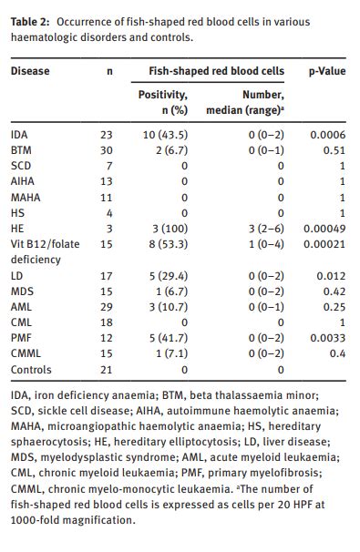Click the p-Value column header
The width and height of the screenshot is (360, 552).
(327, 71)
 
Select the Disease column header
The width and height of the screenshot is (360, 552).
(30, 71)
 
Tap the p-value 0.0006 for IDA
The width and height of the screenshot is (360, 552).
(328, 135)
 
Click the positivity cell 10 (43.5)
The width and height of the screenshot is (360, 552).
(165, 135)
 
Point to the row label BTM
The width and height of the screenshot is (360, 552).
(21, 150)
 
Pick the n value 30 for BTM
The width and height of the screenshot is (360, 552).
(106, 150)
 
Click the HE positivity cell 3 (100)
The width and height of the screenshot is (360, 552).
(170, 229)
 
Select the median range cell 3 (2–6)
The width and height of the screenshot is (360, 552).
(266, 229)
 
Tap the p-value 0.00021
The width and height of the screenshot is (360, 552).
(324, 244)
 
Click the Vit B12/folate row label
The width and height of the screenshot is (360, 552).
(45, 244)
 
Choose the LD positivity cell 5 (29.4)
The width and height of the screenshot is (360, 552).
(169, 276)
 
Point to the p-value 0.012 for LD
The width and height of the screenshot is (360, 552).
(331, 276)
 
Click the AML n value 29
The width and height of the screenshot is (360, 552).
(106, 307)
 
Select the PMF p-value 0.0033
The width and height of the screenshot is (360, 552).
(328, 338)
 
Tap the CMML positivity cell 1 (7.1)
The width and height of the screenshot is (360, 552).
(172, 353)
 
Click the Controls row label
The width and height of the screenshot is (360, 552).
(31, 370)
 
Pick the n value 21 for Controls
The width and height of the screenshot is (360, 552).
(106, 370)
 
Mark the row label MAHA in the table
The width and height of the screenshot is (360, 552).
(26, 198)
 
